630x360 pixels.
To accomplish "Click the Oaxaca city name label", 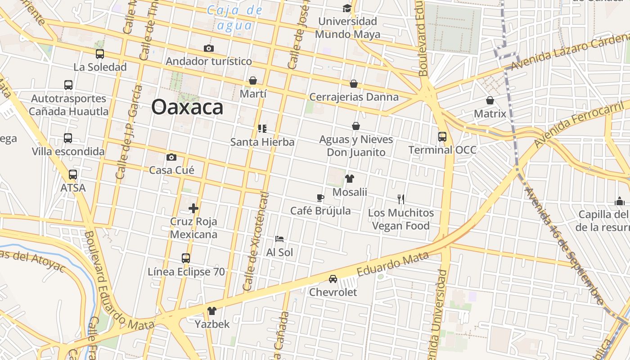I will coord(187,107).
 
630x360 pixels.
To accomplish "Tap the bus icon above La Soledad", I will coord(100,54).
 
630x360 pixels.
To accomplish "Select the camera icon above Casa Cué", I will coord(171,157).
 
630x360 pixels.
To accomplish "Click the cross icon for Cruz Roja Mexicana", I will coord(193,208).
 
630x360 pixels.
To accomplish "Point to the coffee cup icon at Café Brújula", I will coord(320,198).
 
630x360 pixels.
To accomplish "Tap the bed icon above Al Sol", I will coord(279,239).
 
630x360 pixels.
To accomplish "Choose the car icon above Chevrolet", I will coord(333,279).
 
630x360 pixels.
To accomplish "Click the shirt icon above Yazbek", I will coord(212,310).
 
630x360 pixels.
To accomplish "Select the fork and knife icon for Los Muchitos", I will coord(401,199).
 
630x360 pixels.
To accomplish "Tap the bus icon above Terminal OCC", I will coord(442,136).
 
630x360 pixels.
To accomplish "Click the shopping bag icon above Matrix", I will coord(490,100).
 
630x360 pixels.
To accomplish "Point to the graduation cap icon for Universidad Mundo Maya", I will coord(347,8).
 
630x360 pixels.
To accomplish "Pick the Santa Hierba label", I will coord(262,142).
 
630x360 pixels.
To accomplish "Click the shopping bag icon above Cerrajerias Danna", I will coord(354,84).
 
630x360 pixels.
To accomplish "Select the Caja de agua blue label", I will coord(234,18).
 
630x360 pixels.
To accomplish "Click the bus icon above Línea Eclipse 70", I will coord(186,258).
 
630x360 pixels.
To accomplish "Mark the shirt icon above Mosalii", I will coord(350,179).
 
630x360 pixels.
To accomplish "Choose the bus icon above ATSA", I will coord(73,175).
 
